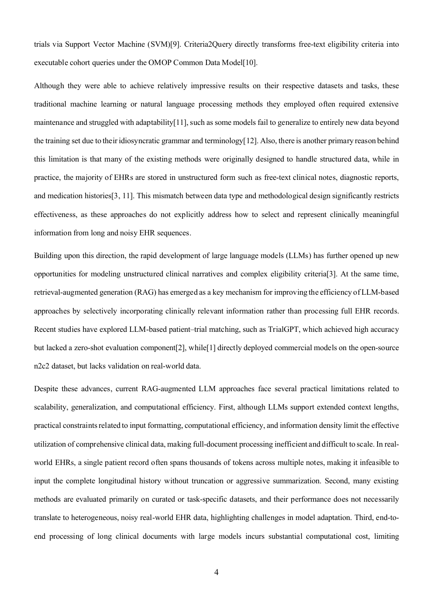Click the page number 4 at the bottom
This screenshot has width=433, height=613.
(x=216, y=572)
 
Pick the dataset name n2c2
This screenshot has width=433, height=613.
(x=41, y=366)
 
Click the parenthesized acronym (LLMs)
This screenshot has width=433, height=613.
(x=299, y=256)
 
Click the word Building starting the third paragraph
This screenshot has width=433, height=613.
(x=48, y=256)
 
